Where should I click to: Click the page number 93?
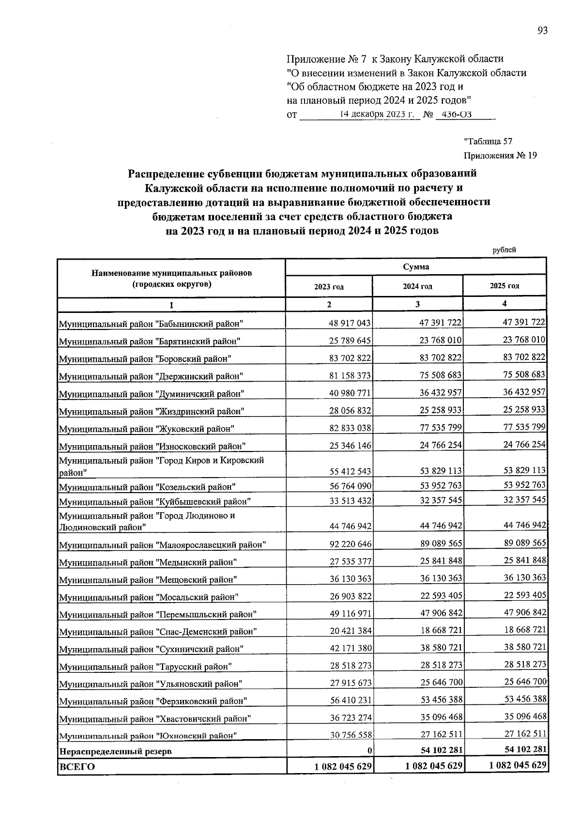coord(542,31)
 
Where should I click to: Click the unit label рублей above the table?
coord(504,250)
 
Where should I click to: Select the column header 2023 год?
coord(329,286)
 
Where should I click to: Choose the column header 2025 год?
coord(504,286)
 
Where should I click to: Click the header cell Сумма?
coord(415,267)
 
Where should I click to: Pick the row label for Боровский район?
coord(145,359)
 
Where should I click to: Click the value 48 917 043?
coord(350,323)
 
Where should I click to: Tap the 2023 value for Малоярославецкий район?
coord(350,544)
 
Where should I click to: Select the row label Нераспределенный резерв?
coord(115,752)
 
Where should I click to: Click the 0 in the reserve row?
coord(369,751)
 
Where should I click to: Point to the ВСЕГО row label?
coord(76,767)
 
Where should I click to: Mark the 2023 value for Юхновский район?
coord(350,735)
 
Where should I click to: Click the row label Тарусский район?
coord(145,667)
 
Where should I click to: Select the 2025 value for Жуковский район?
coord(524,427)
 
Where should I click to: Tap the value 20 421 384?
coord(350,631)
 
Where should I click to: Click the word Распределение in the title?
coord(163,173)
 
